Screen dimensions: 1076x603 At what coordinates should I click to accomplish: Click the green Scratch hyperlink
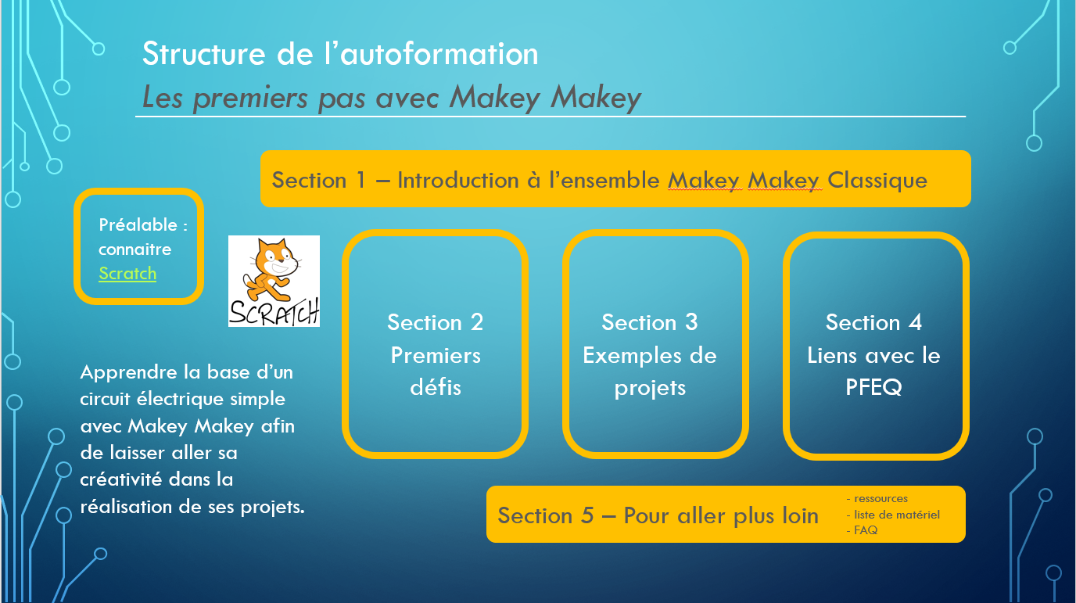click(x=127, y=274)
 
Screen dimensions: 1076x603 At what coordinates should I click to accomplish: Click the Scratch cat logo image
click(x=274, y=281)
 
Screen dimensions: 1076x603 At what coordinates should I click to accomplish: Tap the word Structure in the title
click(x=203, y=54)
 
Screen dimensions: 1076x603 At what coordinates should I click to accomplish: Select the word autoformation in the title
click(x=439, y=54)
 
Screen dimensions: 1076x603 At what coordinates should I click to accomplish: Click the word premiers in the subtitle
click(x=250, y=99)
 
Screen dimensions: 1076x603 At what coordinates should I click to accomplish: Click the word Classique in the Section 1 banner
click(x=877, y=181)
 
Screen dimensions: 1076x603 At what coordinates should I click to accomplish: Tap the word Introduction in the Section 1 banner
click(x=458, y=181)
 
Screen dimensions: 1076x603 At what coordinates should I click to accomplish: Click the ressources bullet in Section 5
click(x=877, y=498)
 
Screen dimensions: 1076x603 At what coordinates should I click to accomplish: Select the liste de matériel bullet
click(x=893, y=515)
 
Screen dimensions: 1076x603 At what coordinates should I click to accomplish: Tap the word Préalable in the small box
click(x=138, y=225)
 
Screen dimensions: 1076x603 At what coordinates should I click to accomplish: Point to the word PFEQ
click(x=873, y=387)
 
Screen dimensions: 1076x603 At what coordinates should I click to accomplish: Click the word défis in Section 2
click(x=436, y=387)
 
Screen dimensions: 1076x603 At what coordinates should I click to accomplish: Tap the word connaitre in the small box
click(x=135, y=249)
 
